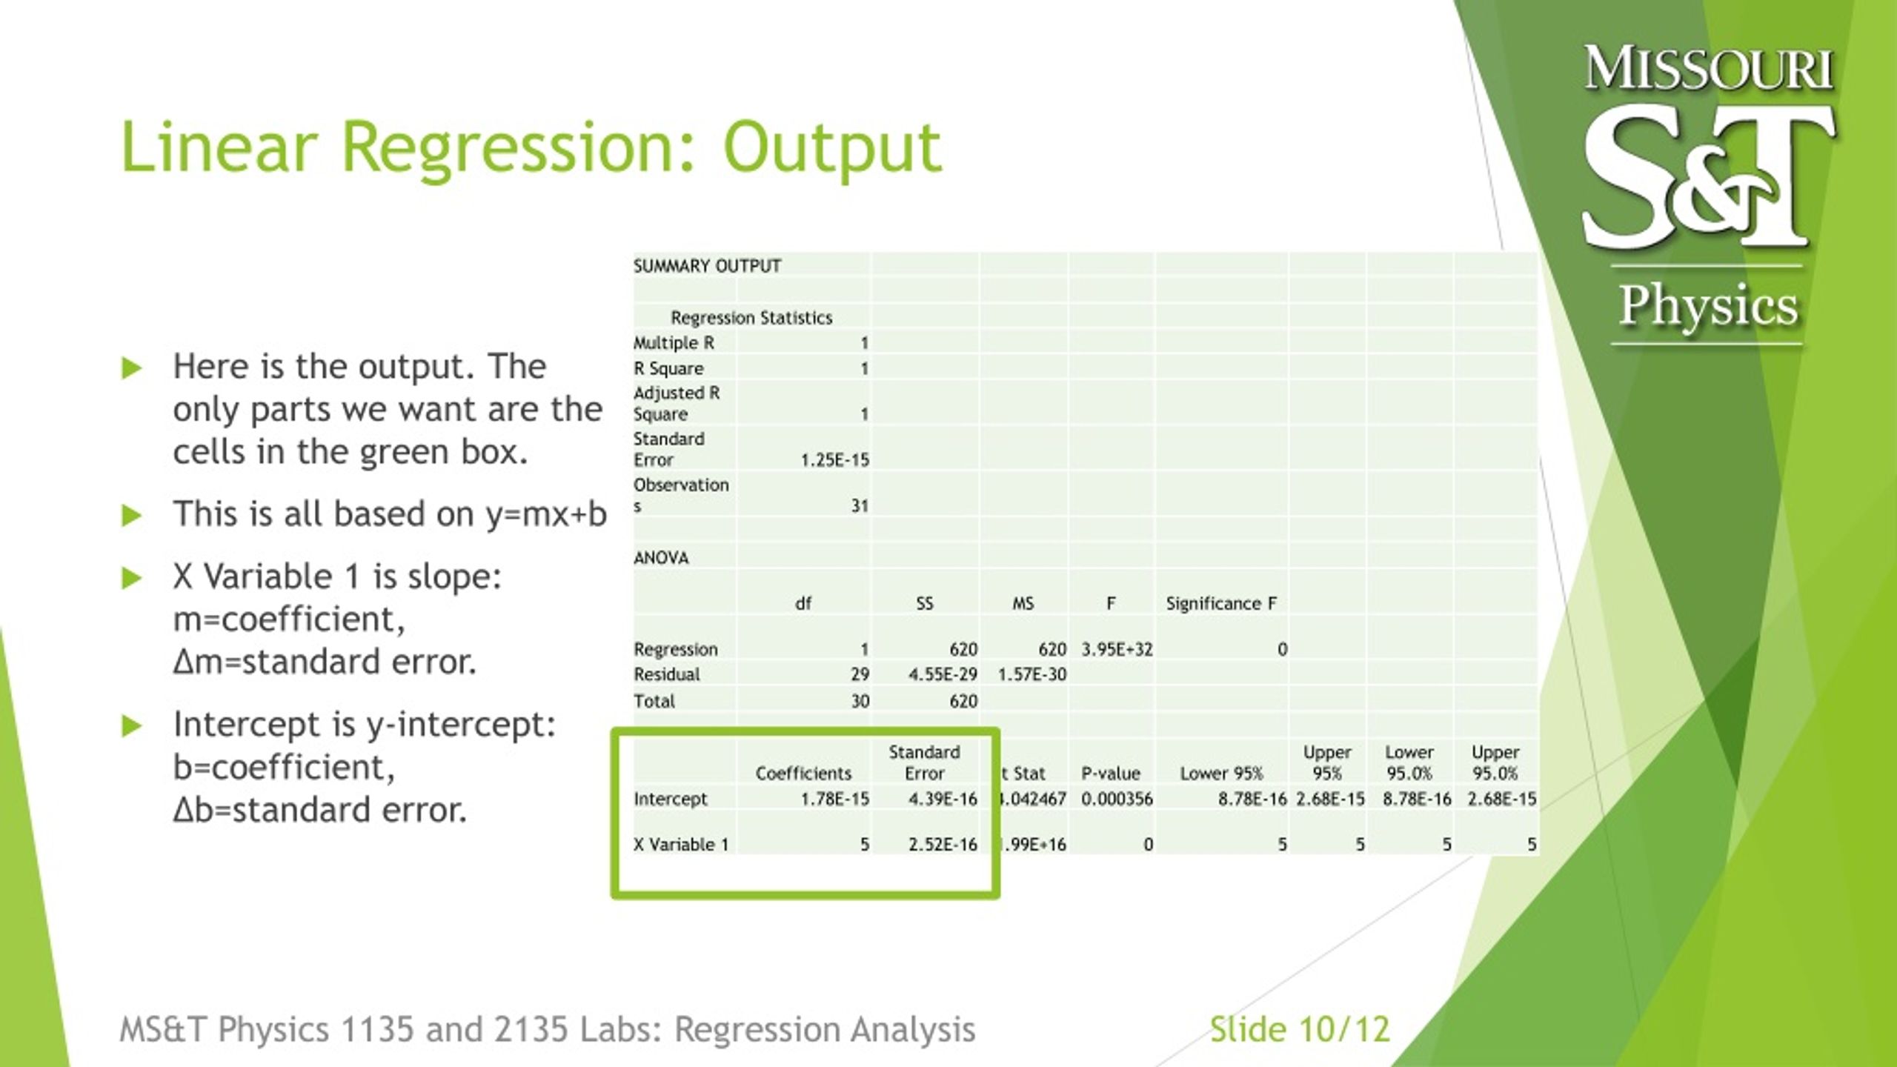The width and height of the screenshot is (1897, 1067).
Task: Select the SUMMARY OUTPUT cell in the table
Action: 707,266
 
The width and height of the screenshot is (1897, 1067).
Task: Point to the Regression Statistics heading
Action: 751,318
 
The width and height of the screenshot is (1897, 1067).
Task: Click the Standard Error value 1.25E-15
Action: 834,460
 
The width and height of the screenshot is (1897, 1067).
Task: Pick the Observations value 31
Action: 859,506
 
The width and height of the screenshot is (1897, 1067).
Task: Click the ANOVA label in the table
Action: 661,558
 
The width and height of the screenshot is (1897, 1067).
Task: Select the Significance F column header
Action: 1220,604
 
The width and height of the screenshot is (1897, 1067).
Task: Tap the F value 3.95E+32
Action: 1117,650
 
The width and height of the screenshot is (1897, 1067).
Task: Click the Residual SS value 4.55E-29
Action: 943,674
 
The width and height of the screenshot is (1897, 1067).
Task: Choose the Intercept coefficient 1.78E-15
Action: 834,799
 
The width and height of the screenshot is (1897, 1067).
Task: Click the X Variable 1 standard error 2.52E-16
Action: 943,845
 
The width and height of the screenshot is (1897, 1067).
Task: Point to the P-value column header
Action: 1109,774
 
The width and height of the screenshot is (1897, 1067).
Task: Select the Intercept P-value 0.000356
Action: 1117,799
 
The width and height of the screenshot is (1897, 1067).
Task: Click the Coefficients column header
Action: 803,774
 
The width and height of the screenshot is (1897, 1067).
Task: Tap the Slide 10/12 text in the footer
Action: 1299,1030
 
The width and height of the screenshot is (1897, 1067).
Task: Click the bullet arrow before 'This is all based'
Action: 131,515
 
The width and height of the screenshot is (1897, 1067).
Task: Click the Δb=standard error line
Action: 320,810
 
